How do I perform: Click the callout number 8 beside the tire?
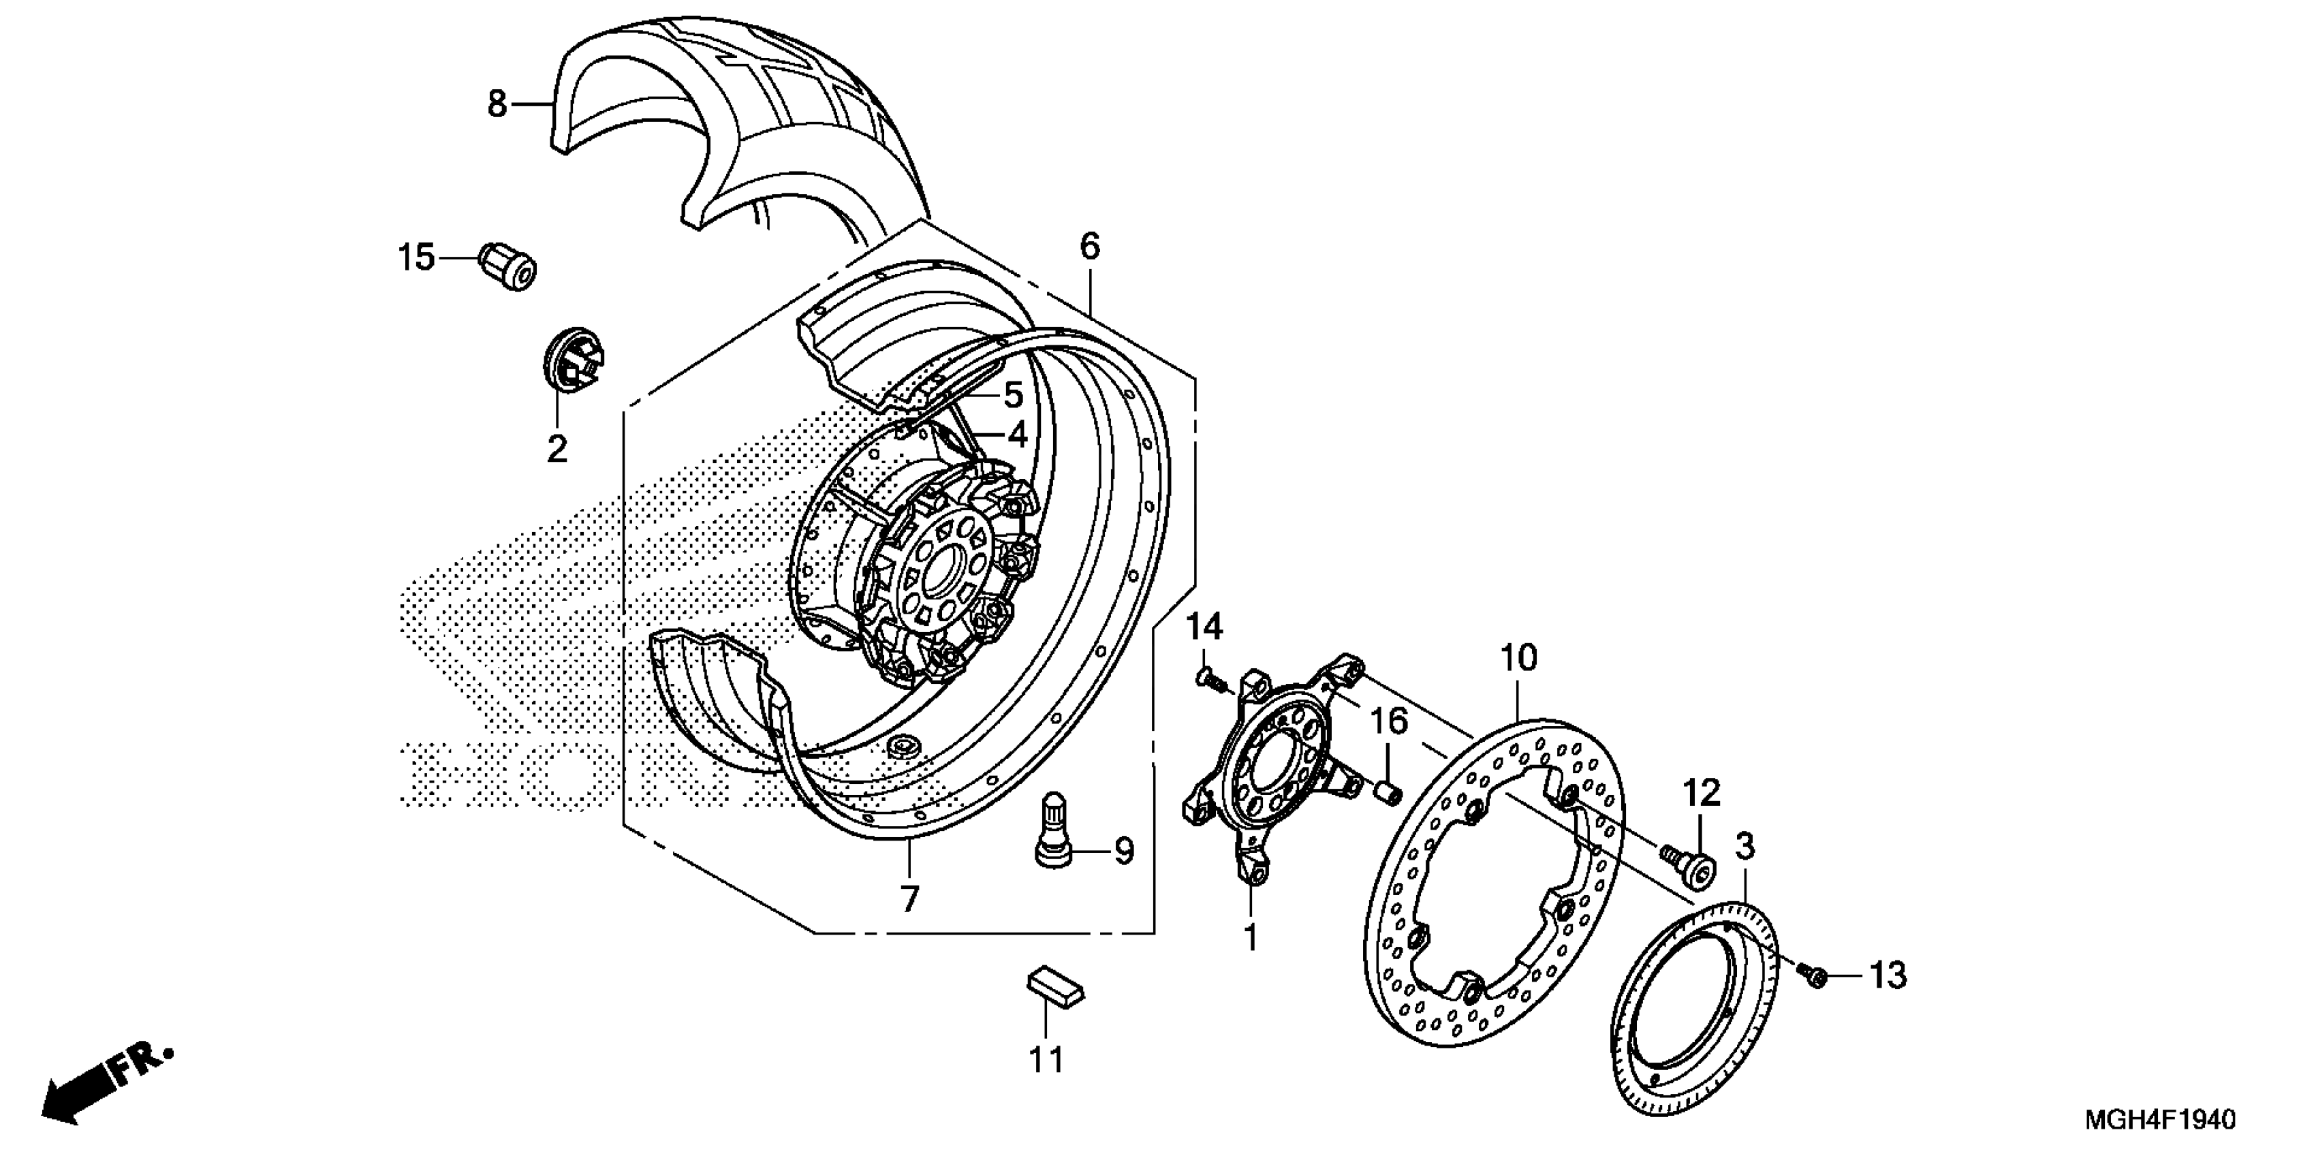(x=497, y=104)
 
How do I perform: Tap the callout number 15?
(x=416, y=259)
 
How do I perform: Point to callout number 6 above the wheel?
(x=1090, y=245)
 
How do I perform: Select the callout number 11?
(x=1046, y=1060)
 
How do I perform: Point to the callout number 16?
(x=1388, y=721)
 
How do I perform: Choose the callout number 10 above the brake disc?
(x=1518, y=659)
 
